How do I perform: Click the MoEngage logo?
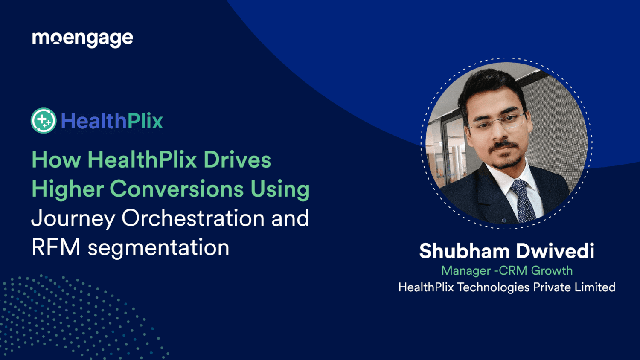tap(82, 39)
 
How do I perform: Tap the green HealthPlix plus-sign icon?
tap(44, 121)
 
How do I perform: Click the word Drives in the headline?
tap(237, 160)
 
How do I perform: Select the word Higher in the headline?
tap(67, 189)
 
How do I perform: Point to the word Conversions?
tap(177, 189)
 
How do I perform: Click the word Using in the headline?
tap(280, 189)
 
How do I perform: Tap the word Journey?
tap(73, 218)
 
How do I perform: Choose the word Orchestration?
tap(193, 218)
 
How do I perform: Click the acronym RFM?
tap(56, 247)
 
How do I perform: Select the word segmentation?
tap(158, 248)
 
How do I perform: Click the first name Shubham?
tap(464, 251)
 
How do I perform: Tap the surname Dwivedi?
tap(556, 251)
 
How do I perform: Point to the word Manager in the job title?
tap(465, 270)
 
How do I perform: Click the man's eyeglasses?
tap(497, 122)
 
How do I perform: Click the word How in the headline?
tap(56, 160)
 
